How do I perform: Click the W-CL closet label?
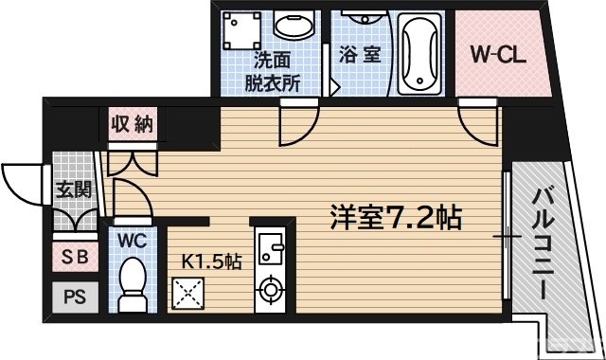(498, 54)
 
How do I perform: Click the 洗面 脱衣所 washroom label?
(273, 69)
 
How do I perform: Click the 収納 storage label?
(131, 124)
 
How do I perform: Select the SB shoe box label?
(71, 256)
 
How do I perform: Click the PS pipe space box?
(72, 297)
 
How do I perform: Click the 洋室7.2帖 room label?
(395, 219)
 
